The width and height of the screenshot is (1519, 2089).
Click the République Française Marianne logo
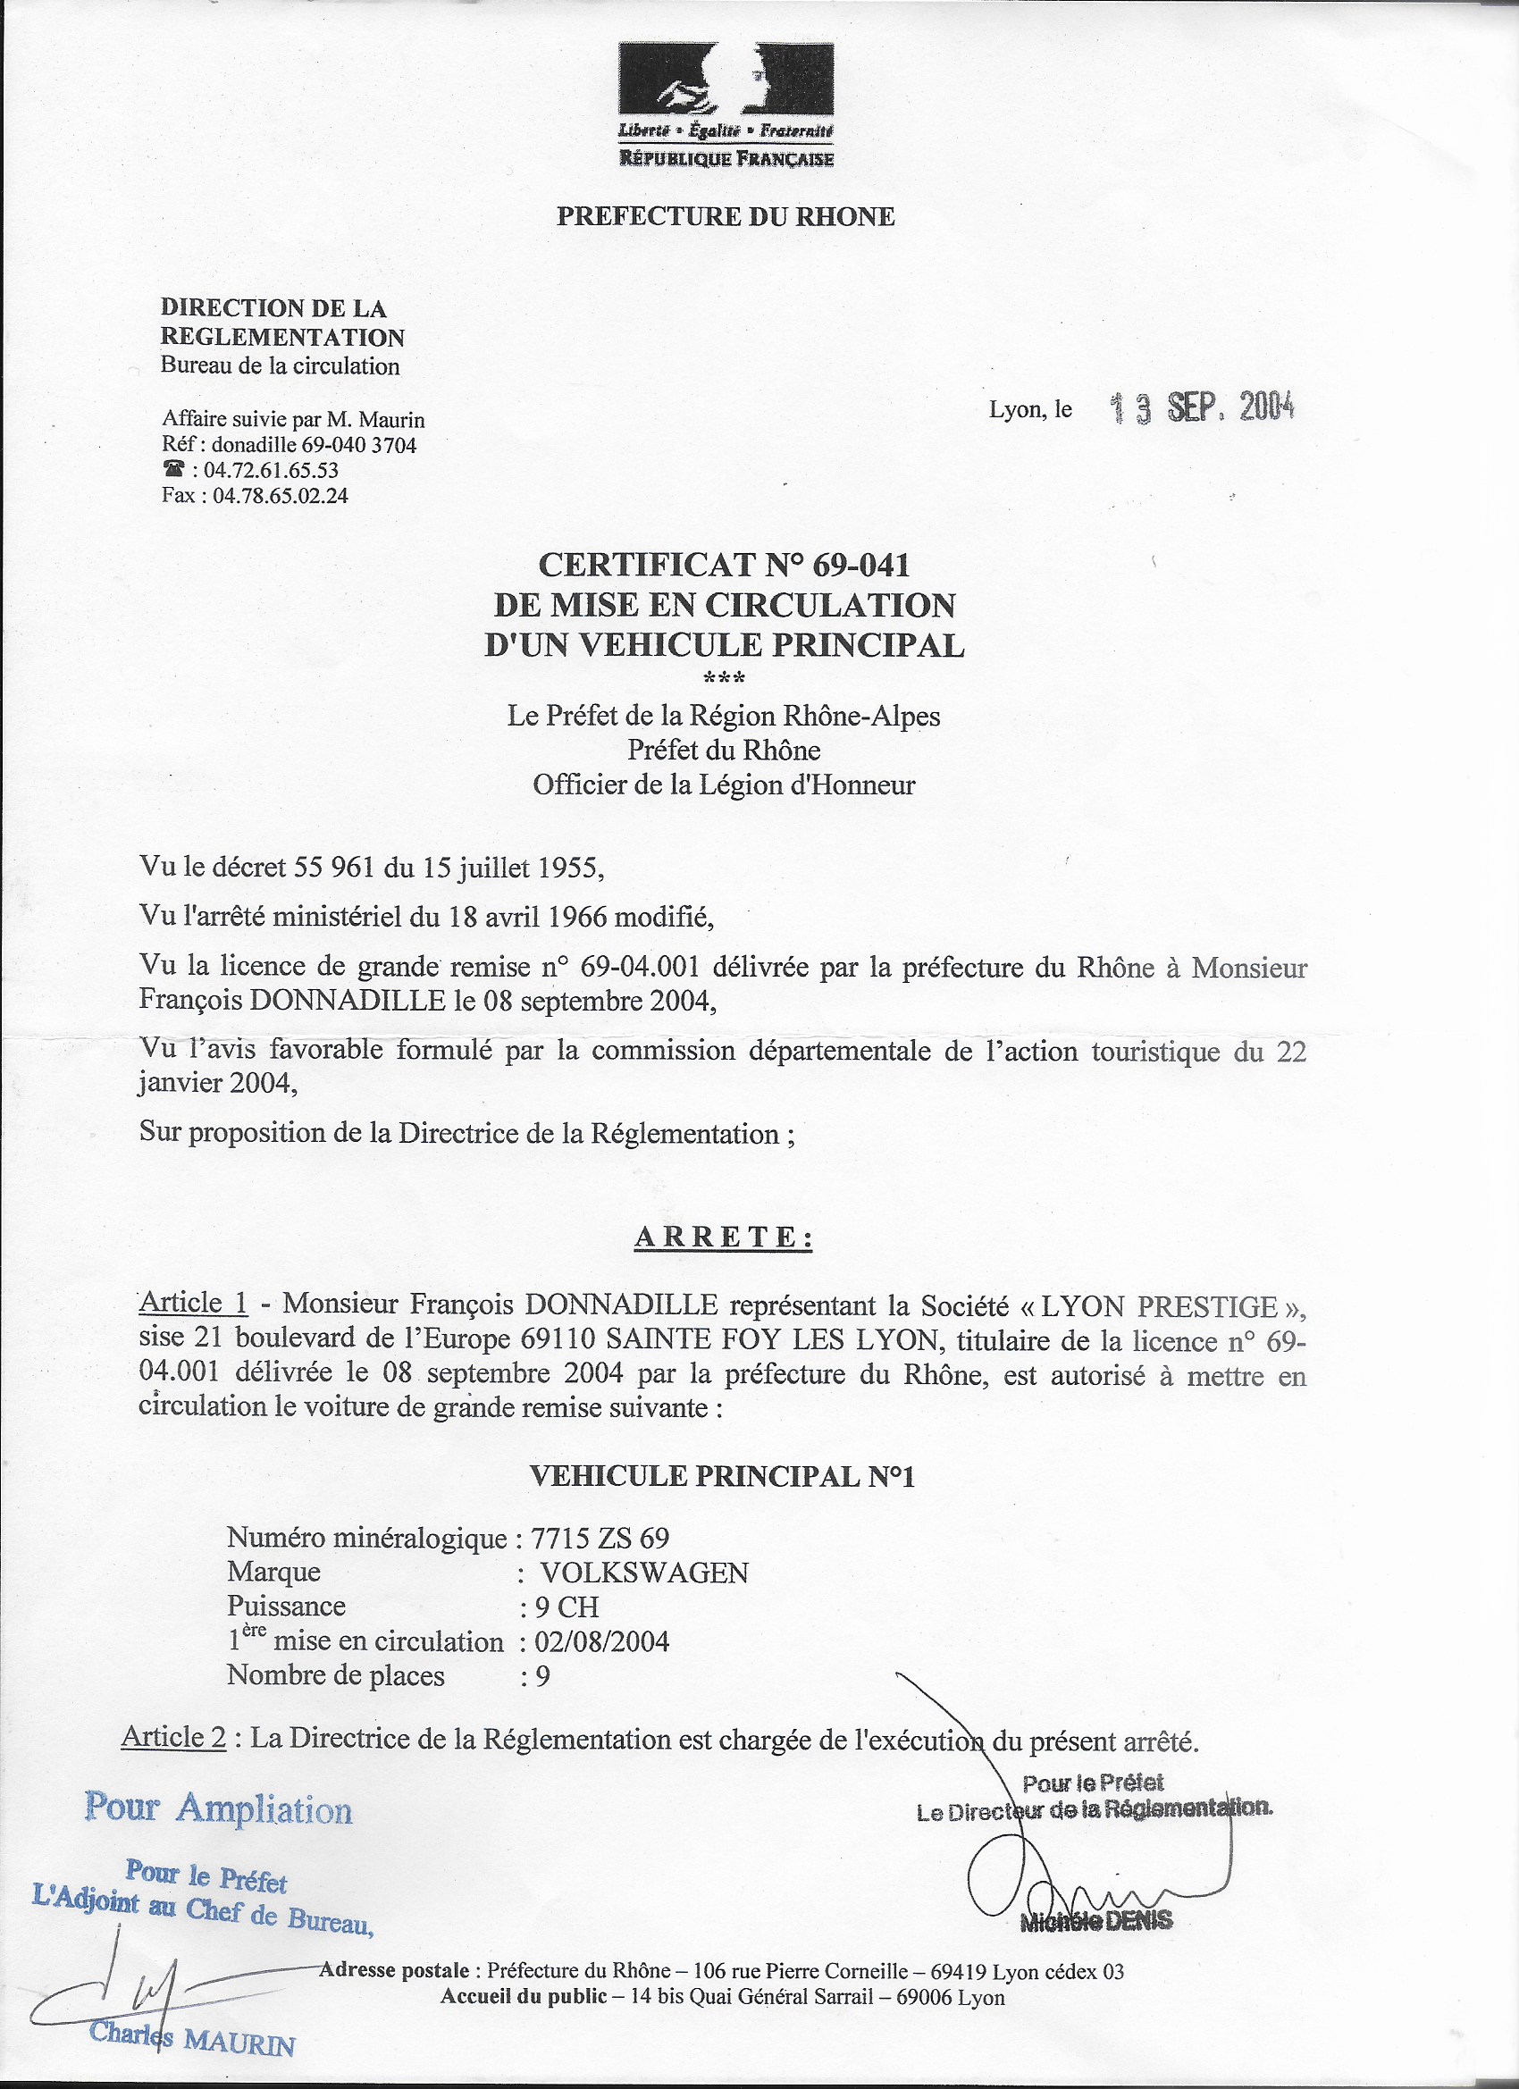click(725, 104)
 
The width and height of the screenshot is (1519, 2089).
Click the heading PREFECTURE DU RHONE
click(725, 217)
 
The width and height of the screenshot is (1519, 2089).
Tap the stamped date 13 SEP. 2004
click(1202, 408)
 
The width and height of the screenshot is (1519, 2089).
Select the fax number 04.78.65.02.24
click(280, 496)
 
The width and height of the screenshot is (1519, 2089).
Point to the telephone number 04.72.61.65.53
click(271, 470)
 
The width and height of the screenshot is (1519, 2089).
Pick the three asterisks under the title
click(724, 680)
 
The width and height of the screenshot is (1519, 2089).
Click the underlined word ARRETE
click(723, 1237)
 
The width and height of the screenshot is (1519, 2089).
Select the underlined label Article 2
click(174, 1737)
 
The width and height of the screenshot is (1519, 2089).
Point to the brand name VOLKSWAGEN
click(644, 1573)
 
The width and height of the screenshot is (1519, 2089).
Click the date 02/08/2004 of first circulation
click(601, 1641)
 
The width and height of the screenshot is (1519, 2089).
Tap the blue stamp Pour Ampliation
click(218, 1808)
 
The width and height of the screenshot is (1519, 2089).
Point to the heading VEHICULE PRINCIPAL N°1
click(722, 1476)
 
